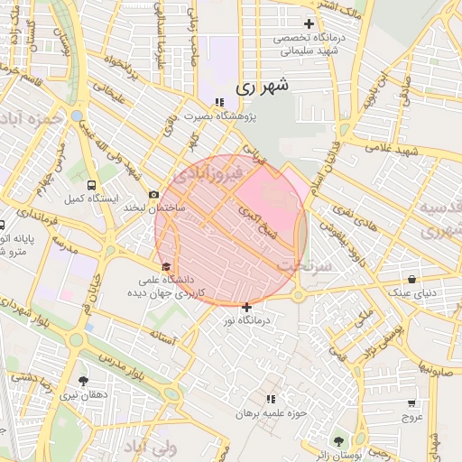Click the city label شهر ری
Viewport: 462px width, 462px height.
tap(263, 88)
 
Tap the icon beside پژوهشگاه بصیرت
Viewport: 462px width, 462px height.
tap(218, 102)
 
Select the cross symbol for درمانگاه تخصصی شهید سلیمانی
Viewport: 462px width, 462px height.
tap(309, 23)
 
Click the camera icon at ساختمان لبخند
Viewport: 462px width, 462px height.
tap(154, 194)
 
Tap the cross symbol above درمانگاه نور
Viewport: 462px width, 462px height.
tap(246, 308)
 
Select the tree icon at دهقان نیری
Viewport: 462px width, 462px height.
tap(84, 381)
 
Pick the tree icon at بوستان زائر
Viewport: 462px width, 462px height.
tap(338, 441)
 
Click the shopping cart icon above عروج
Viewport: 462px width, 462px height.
tap(412, 402)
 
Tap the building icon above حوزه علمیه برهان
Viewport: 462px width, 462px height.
tap(270, 398)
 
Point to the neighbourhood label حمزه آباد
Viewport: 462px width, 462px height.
tap(32, 118)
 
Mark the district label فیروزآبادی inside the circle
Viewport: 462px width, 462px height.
tap(209, 171)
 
